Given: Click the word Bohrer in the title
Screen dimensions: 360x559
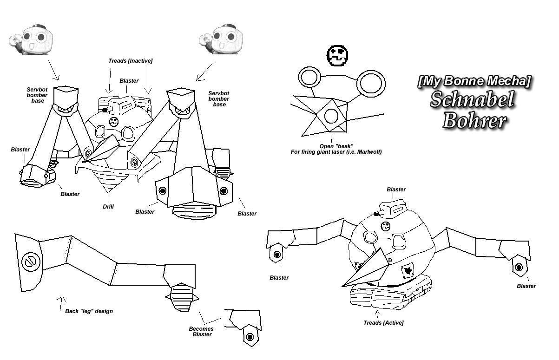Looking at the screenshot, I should pos(474,121).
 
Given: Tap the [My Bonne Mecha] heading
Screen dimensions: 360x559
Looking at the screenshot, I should pos(474,81).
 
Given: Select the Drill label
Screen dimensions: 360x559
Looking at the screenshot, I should pos(108,207).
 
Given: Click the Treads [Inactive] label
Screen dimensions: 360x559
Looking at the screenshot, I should pos(130,61).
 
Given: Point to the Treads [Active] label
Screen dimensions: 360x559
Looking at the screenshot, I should pos(383,323).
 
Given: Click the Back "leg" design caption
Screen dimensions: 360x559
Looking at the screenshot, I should pos(89,311).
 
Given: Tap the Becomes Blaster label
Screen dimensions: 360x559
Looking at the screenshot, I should pos(201,332).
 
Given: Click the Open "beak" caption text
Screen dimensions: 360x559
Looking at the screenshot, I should pos(336,149).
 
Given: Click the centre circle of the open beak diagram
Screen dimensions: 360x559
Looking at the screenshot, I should pos(331,116).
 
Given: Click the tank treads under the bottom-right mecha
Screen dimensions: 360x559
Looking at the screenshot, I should pos(390,293).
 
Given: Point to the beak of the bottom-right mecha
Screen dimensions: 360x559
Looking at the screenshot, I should pos(367,269).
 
